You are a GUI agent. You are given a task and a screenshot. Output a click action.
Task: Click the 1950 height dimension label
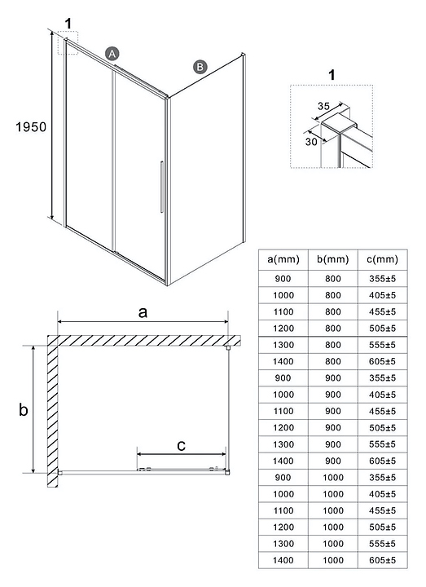(31, 127)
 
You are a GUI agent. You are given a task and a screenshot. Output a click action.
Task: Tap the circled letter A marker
(112, 54)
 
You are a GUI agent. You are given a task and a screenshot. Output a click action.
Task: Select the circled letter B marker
(200, 67)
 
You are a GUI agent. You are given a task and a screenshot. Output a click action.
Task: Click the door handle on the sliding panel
(161, 187)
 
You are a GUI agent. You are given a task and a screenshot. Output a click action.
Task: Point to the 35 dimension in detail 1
(323, 106)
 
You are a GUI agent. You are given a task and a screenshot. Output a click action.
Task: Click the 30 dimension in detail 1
(311, 142)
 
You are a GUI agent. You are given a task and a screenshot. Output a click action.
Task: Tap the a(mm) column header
(283, 259)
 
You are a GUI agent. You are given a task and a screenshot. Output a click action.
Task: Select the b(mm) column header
(333, 259)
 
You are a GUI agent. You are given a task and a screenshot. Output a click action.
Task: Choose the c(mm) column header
(382, 259)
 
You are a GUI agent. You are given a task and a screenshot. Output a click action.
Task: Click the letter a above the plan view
(143, 311)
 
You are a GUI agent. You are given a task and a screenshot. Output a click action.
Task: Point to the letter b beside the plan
(23, 409)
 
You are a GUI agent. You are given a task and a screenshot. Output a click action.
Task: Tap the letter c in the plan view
(181, 445)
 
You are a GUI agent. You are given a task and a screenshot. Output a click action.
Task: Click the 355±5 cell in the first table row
(382, 279)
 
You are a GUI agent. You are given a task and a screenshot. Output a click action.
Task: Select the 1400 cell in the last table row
(283, 560)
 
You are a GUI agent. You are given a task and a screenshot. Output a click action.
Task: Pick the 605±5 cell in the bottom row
(382, 560)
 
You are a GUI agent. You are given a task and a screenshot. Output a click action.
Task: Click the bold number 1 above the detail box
(332, 75)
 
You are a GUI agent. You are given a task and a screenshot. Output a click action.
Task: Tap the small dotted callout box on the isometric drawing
(68, 42)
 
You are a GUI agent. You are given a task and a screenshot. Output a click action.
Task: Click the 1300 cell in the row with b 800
(283, 345)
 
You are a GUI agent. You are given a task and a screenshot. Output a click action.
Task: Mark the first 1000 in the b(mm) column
(333, 477)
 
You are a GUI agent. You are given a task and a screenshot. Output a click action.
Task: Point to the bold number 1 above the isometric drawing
(68, 23)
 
